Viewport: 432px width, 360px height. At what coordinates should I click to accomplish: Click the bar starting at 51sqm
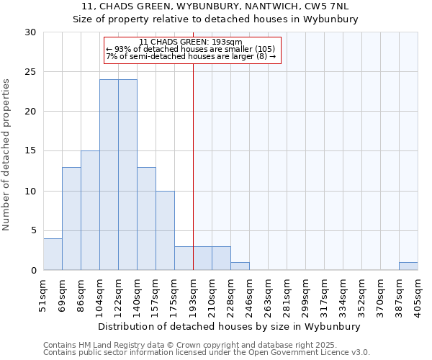pos(53,254)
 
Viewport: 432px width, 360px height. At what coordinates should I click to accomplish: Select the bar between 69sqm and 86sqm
pos(71,218)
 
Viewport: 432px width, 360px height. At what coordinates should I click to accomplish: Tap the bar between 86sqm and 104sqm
pos(90,210)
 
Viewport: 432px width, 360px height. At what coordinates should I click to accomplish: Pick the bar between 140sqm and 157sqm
pos(146,218)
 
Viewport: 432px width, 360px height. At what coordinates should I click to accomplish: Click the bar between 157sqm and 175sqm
pos(165,230)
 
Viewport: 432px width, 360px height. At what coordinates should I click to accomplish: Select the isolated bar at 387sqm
pos(408,266)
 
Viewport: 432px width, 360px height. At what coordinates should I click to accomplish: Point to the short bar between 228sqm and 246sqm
pos(240,266)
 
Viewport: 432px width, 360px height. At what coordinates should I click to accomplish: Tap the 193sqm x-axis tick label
pos(193,294)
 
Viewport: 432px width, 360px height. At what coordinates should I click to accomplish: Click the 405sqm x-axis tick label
pos(418,294)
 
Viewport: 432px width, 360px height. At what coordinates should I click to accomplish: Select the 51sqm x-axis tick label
pos(44,294)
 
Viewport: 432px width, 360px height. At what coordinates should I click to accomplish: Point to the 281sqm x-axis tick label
pos(287,294)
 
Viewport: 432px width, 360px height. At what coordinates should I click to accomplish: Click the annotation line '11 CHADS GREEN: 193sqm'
pos(191,42)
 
